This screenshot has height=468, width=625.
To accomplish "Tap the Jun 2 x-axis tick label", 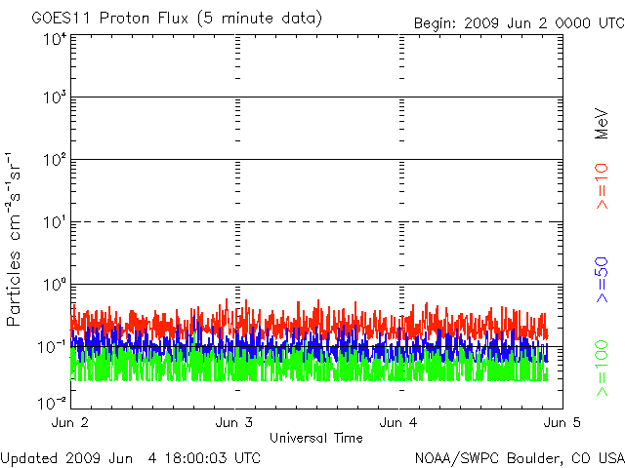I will (x=70, y=422).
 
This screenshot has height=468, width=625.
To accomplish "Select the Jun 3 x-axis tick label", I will (x=234, y=422).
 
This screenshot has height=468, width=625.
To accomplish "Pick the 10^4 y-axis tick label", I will (x=54, y=39).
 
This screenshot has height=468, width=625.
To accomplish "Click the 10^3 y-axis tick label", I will (x=54, y=98).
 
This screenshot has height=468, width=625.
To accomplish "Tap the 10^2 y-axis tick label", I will (x=54, y=160).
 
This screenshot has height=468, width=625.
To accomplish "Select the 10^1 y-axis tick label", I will (x=54, y=222).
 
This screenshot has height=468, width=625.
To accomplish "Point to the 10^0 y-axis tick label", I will (x=54, y=285).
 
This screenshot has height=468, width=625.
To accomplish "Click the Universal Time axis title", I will (x=315, y=438).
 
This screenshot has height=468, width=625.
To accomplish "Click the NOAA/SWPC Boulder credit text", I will (x=519, y=457).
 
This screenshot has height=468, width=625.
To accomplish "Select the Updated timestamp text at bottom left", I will (x=131, y=457).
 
